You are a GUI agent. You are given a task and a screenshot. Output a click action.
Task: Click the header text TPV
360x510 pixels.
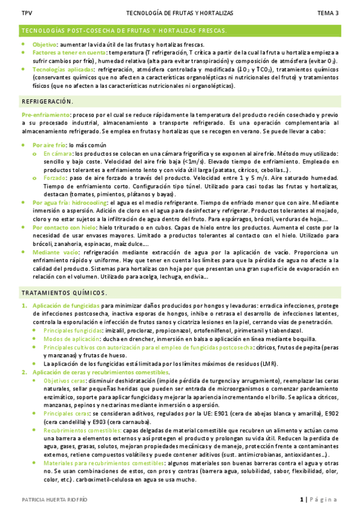tap(26, 13)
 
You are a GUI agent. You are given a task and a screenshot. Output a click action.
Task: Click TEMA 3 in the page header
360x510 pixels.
tap(328, 13)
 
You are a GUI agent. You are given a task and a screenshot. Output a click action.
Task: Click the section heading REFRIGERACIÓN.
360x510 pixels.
tap(47, 101)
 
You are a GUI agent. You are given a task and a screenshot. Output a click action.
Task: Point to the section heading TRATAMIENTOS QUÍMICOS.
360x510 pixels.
tap(64, 293)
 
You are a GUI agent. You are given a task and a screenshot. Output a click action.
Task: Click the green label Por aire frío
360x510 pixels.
tap(49, 146)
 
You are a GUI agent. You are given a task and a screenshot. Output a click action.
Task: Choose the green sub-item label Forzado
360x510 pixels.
tap(55, 179)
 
